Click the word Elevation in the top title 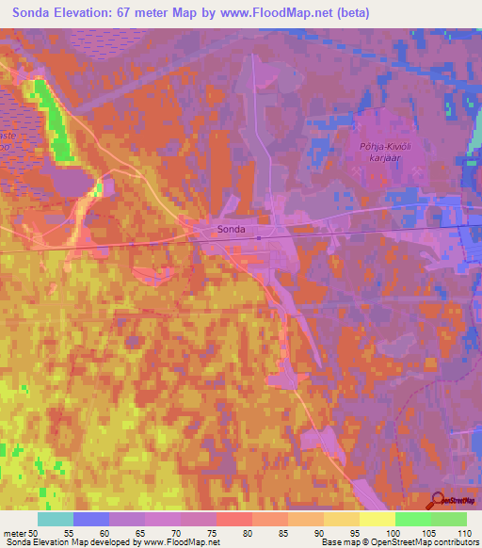tap(95, 13)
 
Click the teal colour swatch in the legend tap(56, 519)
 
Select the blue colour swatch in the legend tap(91, 519)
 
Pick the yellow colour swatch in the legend tap(377, 519)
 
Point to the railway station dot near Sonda tap(259, 237)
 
